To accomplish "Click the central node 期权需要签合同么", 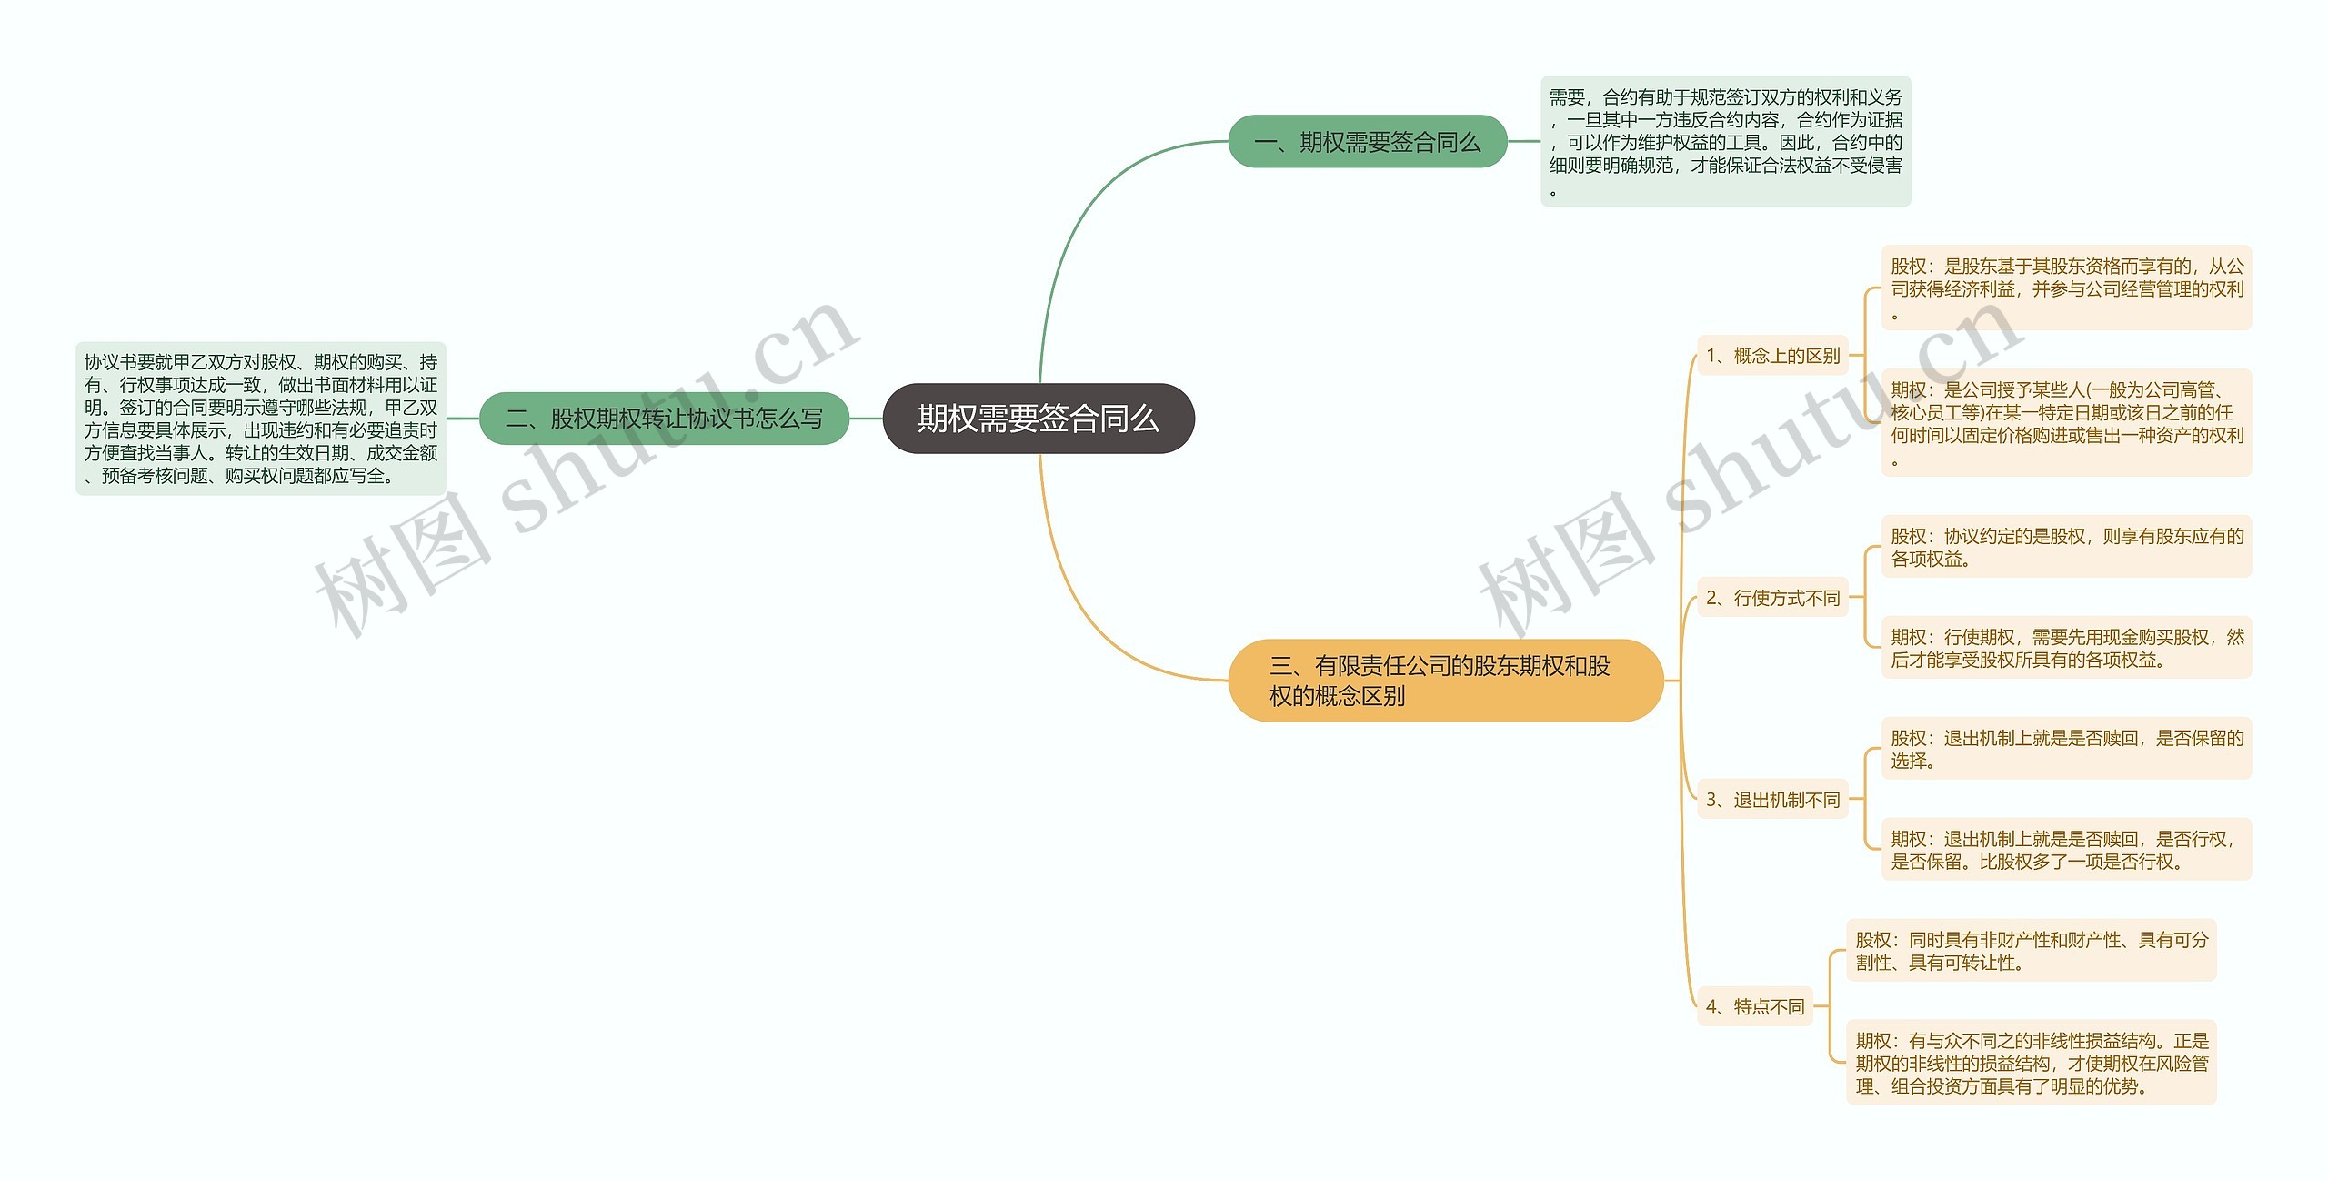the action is point(1038,419).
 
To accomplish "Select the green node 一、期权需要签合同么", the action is point(1367,142).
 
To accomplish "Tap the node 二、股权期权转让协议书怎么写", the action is point(664,419).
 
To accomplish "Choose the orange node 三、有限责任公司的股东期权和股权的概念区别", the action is point(1445,681).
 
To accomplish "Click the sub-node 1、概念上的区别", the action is point(1772,356).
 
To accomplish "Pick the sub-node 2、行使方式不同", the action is point(1772,598).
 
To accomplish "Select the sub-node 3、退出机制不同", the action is point(1772,800).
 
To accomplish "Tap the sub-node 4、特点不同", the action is point(1754,1006).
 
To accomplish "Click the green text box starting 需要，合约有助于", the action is point(1725,141).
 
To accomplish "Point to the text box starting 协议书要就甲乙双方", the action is point(260,419).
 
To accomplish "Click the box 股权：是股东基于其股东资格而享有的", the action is point(2066,288).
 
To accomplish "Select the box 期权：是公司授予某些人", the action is point(2066,422).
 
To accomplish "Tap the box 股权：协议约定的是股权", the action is point(2066,547).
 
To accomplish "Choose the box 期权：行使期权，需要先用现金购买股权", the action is point(2066,648).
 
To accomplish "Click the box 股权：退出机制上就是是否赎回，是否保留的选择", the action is point(2066,749).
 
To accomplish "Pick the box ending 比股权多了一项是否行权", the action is point(2066,850).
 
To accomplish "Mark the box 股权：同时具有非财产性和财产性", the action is point(2031,951).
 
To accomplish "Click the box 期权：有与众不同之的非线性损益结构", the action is point(2031,1063).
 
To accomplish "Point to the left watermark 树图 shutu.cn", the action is point(582,473).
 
